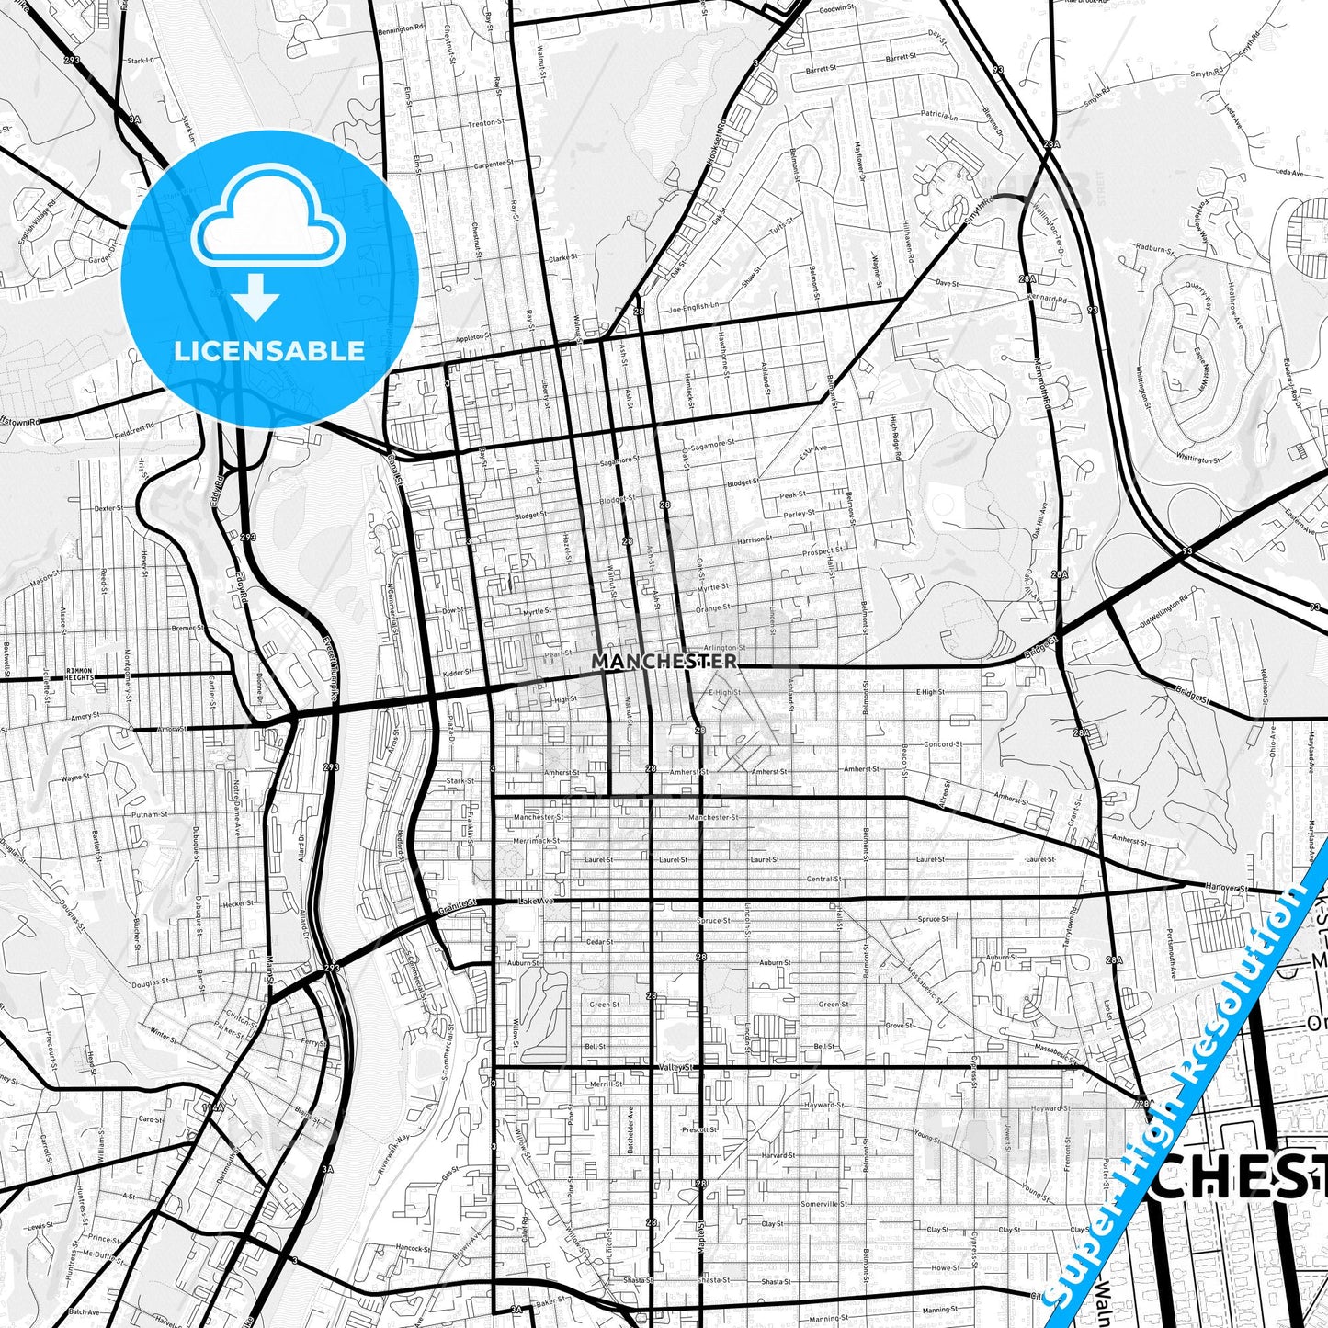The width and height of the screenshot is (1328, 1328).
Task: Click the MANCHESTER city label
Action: point(664,661)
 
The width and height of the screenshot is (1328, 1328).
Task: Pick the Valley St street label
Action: point(679,1067)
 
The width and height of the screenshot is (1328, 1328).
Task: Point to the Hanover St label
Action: point(1229,889)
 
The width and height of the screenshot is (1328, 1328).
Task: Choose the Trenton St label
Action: point(486,122)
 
